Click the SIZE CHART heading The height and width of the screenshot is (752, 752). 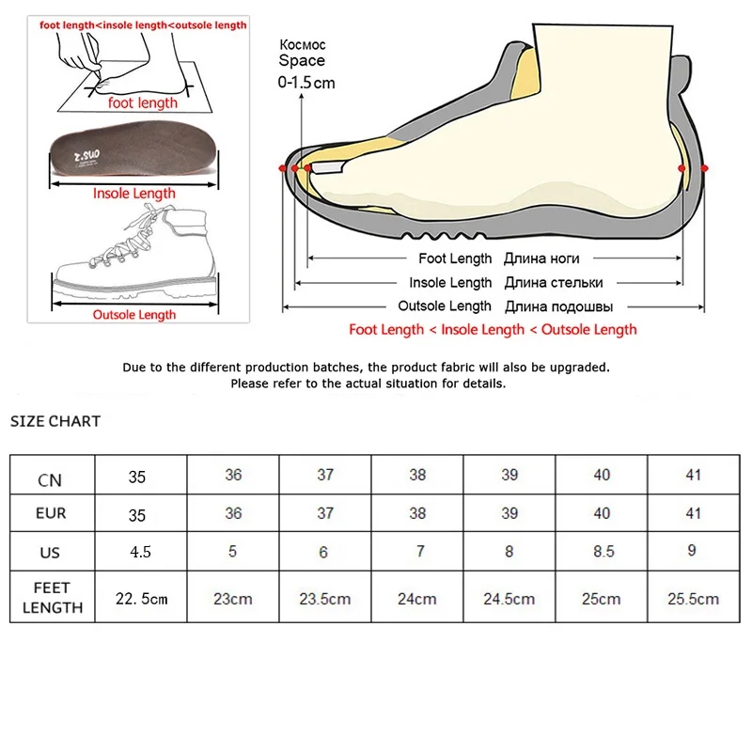click(x=55, y=421)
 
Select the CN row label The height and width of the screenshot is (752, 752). click(x=51, y=479)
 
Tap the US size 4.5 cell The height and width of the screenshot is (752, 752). click(x=140, y=552)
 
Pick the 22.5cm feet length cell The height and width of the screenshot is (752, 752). click(x=142, y=599)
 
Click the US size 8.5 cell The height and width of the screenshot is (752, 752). click(x=602, y=552)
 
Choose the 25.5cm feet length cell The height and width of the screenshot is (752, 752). click(x=693, y=599)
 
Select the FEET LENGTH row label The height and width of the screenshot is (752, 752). click(x=53, y=598)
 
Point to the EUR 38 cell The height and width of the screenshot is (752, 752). click(x=417, y=513)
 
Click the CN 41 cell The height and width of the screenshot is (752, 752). click(x=693, y=475)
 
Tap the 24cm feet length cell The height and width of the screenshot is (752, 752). click(x=417, y=599)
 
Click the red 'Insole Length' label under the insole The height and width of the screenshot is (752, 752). click(x=134, y=194)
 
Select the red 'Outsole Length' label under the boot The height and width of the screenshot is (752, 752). click(x=134, y=315)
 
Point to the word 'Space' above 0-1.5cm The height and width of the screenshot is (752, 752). click(x=302, y=61)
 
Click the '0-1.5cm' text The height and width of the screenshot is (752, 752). click(x=306, y=83)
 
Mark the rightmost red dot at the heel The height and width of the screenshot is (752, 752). click(x=705, y=167)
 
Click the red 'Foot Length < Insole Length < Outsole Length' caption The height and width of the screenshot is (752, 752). click(x=493, y=330)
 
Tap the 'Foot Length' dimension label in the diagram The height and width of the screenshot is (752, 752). click(x=455, y=258)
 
